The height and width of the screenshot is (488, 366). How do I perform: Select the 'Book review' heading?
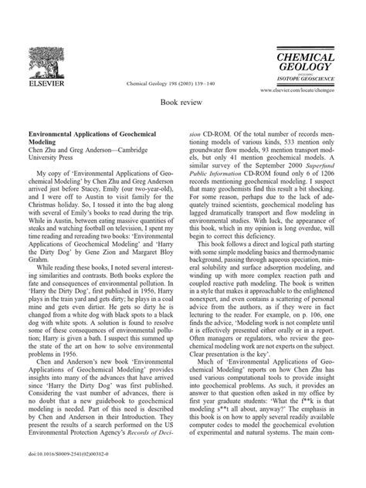tap(183, 101)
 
